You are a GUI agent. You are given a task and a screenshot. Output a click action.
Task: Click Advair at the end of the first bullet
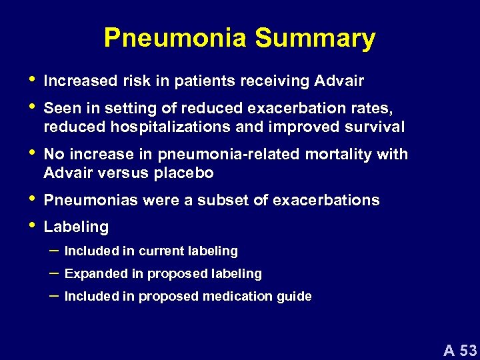click(341, 82)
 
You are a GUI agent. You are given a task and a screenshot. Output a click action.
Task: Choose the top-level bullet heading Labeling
click(76, 227)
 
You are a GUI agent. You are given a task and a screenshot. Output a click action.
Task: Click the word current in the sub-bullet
click(146, 251)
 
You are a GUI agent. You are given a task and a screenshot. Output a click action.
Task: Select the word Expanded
click(92, 274)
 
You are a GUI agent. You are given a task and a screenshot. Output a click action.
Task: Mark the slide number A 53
click(460, 349)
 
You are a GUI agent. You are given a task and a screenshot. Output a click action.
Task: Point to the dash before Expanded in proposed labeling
click(53, 273)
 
